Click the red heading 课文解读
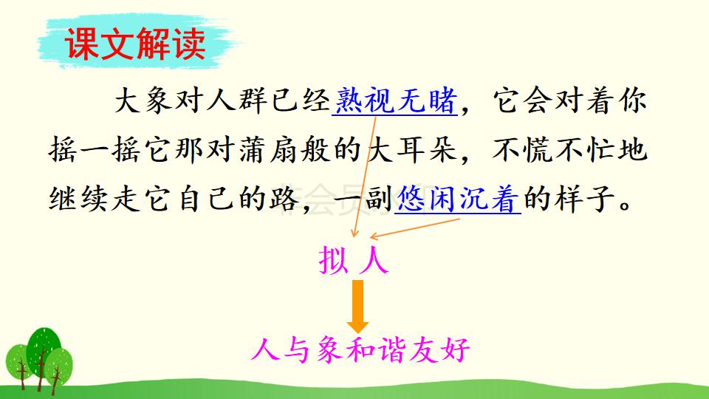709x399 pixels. pyautogui.click(x=134, y=46)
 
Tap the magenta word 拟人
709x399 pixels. pyautogui.click(x=354, y=262)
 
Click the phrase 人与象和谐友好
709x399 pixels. pyautogui.click(x=360, y=350)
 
